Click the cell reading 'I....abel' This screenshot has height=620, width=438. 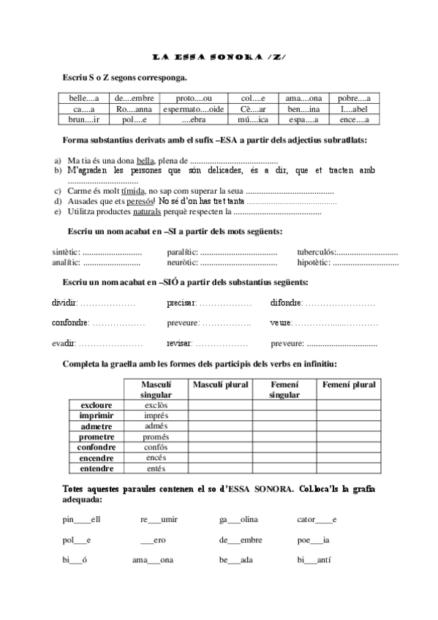pos(355,109)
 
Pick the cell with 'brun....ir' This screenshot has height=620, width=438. pos(83,119)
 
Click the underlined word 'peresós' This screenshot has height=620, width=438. pos(140,201)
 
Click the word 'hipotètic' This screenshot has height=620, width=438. pos(314,262)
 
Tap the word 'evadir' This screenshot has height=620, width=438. pos(64,343)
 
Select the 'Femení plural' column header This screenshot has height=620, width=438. pos(349,385)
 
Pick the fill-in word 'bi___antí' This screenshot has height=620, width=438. pos(315,560)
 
